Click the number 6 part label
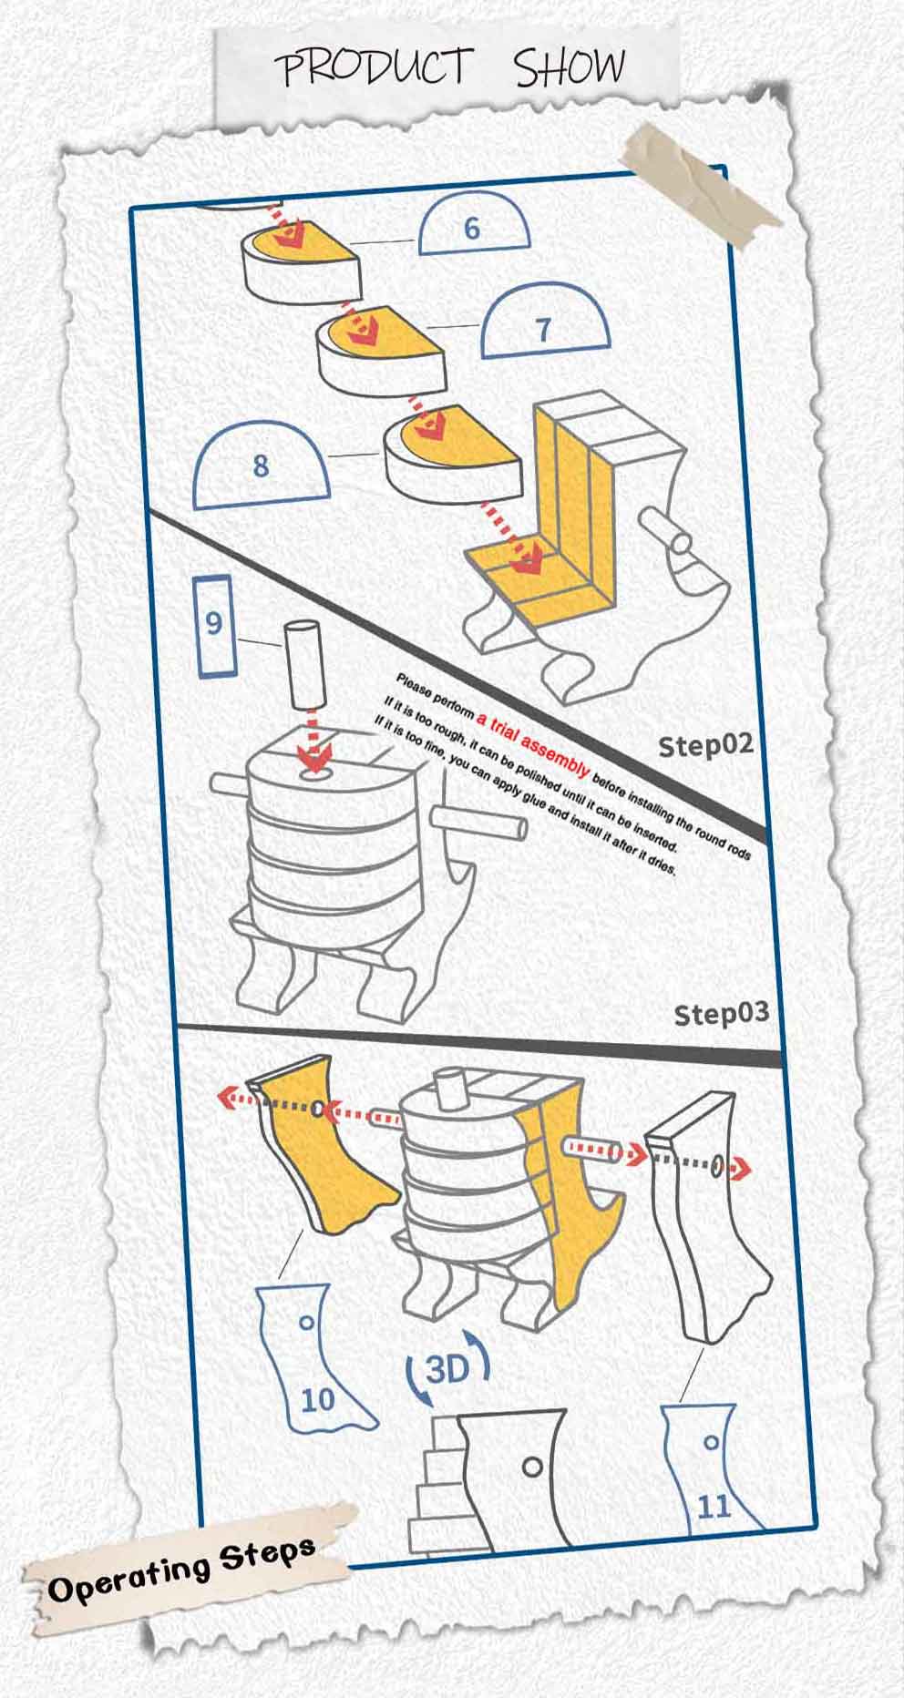click(x=473, y=227)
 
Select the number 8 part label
click(x=262, y=465)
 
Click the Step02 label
click(x=706, y=745)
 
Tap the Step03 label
click(x=721, y=1013)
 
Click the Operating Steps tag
click(x=182, y=1568)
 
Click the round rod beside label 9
click(x=301, y=666)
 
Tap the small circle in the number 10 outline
click(x=307, y=1323)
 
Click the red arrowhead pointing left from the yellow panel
click(x=227, y=1099)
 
